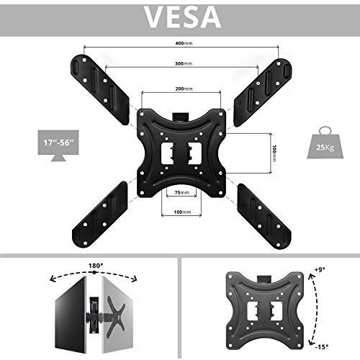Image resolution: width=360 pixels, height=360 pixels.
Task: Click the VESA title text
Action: [183, 17]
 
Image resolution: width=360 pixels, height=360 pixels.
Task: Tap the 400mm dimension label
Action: [184, 43]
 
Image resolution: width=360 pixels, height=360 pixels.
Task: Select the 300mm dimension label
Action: [184, 64]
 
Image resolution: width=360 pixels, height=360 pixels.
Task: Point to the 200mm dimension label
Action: [184, 89]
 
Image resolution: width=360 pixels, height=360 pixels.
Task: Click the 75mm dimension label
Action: [181, 192]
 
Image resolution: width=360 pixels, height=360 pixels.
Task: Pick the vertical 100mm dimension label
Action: [274, 153]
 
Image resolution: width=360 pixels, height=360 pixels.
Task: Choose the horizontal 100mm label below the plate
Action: [182, 212]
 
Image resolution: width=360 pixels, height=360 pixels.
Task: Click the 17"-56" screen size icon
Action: [58, 145]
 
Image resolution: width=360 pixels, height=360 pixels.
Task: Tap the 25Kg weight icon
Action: [325, 143]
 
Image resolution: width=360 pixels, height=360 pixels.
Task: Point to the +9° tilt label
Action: [320, 269]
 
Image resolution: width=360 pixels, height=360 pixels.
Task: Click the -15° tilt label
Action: [322, 347]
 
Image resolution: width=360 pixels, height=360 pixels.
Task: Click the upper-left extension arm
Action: [100, 89]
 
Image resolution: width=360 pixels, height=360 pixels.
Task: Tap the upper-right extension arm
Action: [263, 92]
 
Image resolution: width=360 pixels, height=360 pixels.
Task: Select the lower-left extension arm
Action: [100, 215]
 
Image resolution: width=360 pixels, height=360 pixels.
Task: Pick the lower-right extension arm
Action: [264, 217]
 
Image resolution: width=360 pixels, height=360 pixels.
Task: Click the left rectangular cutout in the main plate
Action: [167, 153]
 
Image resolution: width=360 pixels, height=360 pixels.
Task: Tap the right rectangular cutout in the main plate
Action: [194, 153]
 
